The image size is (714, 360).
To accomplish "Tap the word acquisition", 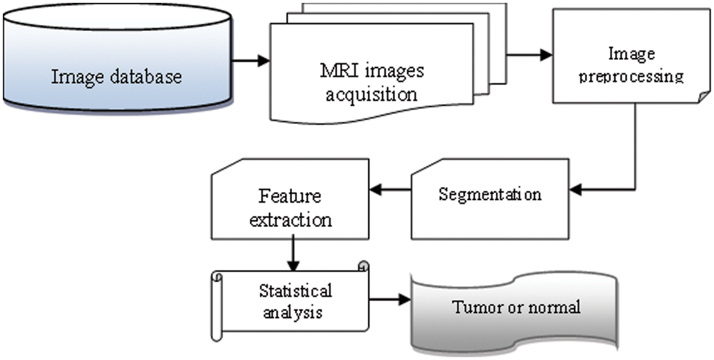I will [371, 93].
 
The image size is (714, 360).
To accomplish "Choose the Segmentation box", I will [490, 197].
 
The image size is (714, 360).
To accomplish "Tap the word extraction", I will [290, 219].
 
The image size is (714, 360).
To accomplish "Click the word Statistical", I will [295, 290].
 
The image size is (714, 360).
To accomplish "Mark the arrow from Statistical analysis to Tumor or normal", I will [390, 299].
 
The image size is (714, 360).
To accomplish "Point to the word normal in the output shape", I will [553, 307].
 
